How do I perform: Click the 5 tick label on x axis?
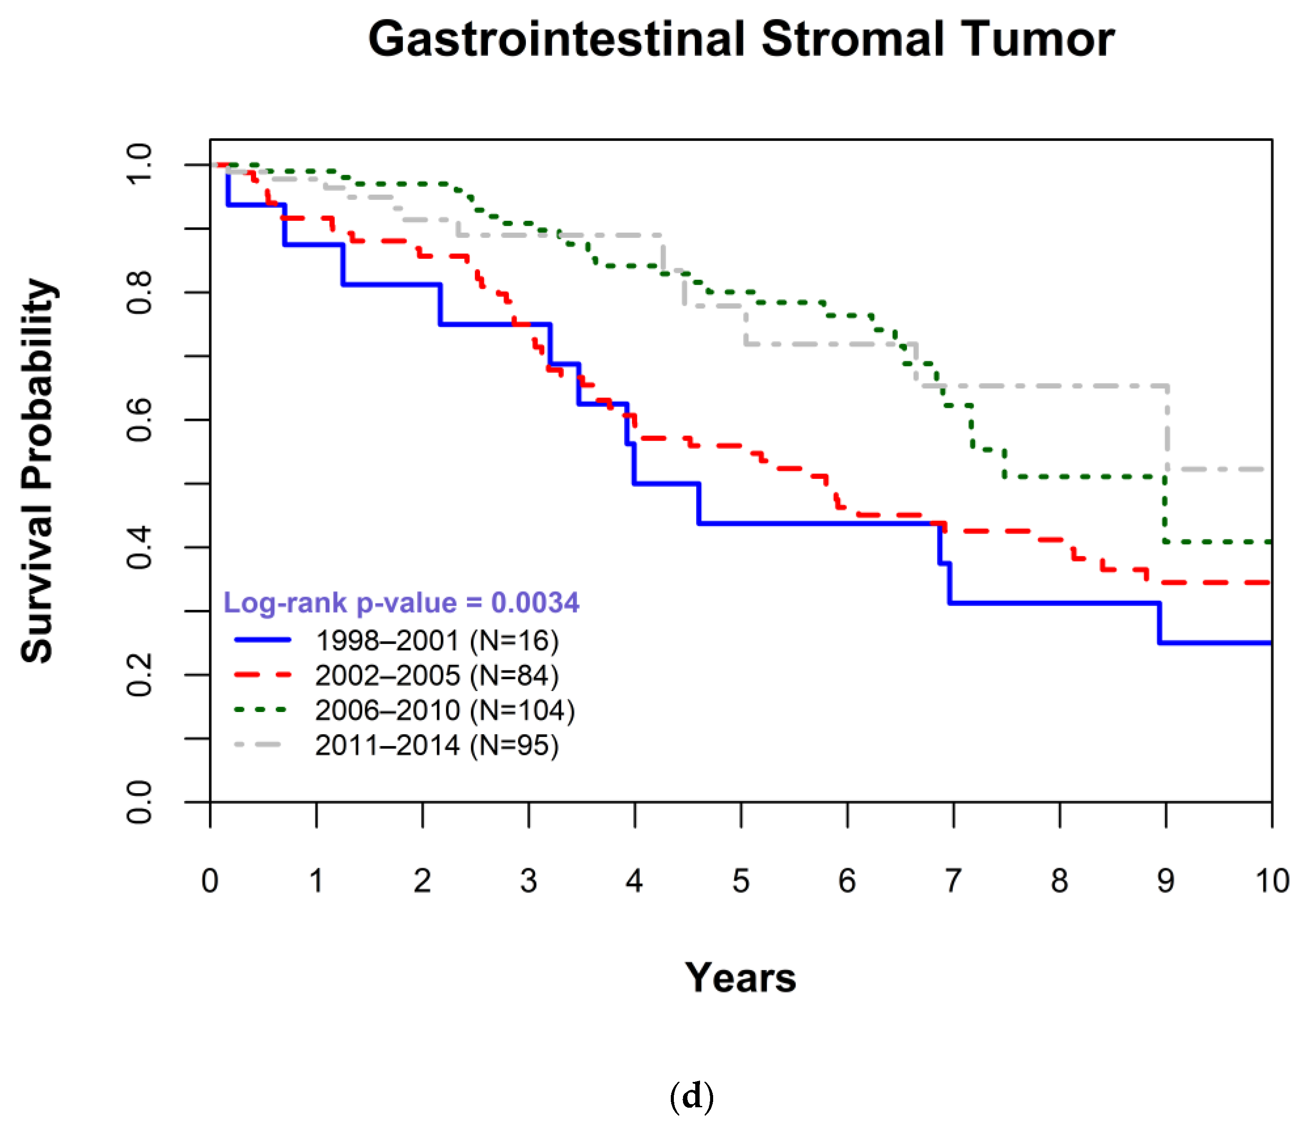pos(741,880)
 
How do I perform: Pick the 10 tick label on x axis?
pos(1271,880)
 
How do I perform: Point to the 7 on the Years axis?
pos(953,880)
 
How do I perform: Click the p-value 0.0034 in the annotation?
pos(535,603)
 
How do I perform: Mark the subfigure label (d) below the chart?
pos(691,1097)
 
